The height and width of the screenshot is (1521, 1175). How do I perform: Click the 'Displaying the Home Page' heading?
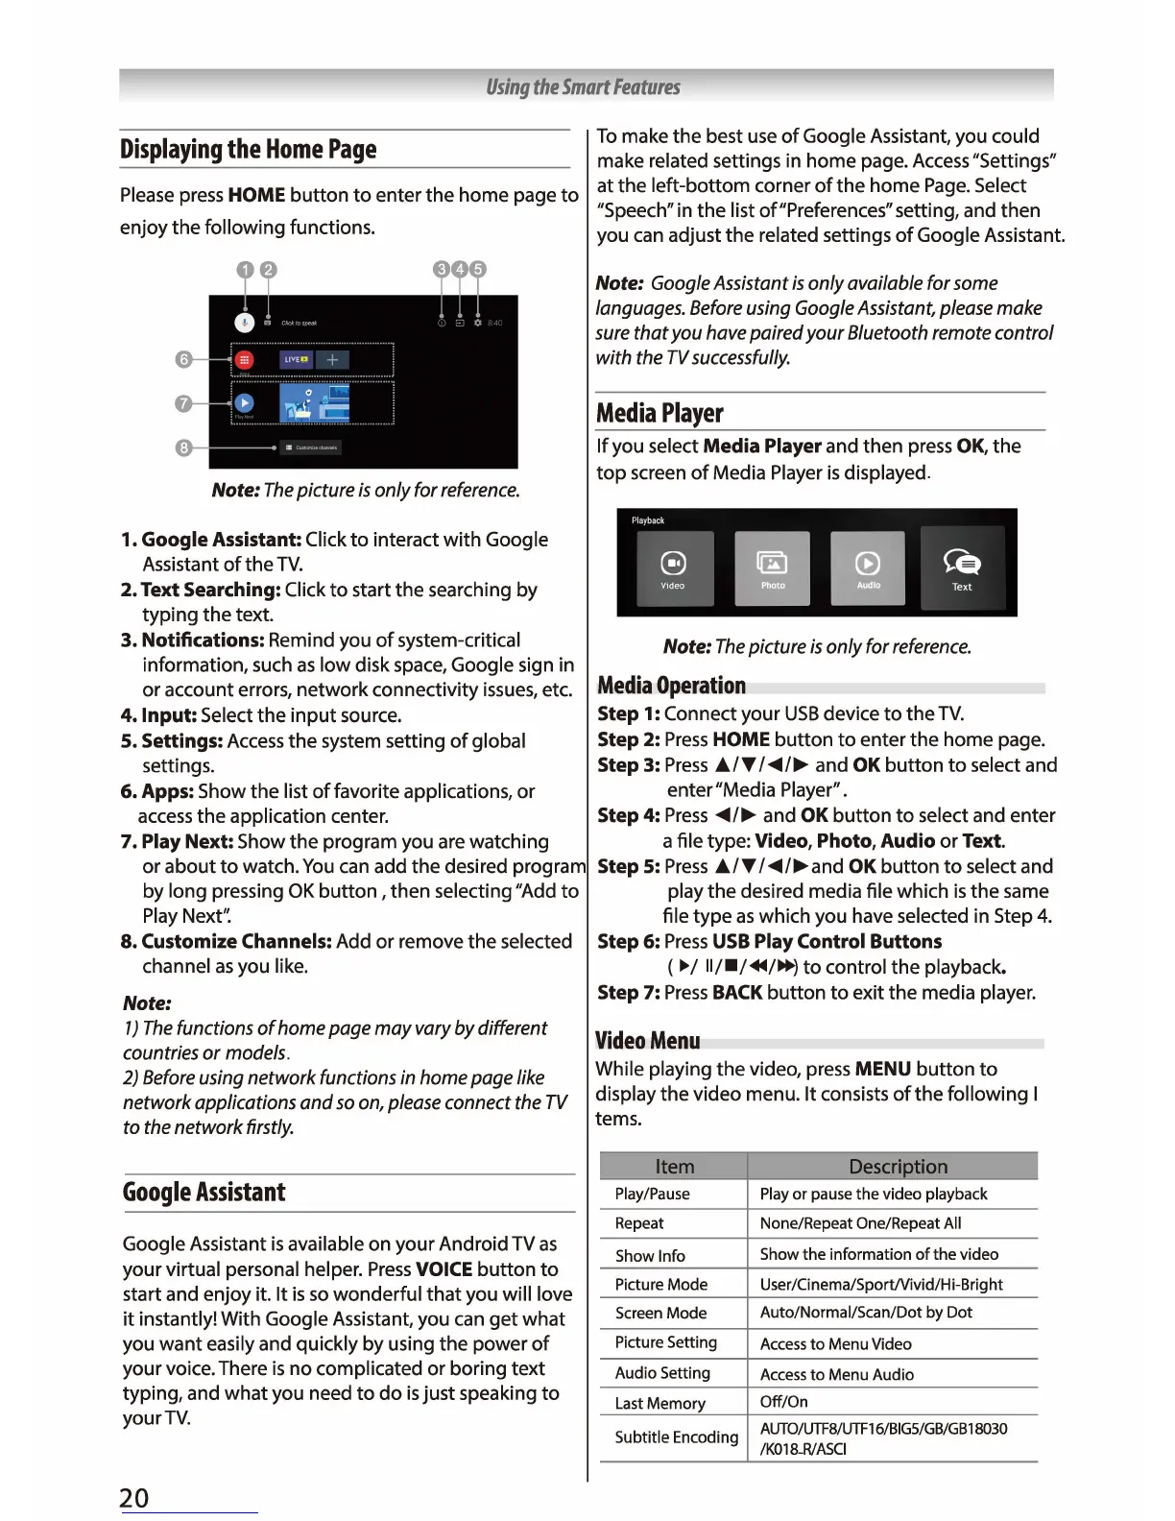pyautogui.click(x=249, y=150)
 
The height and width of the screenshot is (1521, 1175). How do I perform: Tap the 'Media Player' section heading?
pyautogui.click(x=659, y=413)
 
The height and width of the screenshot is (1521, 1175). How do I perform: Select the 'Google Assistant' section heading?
pyautogui.click(x=204, y=1193)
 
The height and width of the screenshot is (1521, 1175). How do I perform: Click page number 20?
pyautogui.click(x=134, y=1498)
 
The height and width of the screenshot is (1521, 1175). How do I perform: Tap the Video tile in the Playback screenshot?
pyautogui.click(x=674, y=568)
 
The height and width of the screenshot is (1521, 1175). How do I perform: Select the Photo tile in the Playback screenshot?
pyautogui.click(x=772, y=568)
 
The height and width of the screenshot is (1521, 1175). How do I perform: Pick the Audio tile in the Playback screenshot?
pyautogui.click(x=868, y=568)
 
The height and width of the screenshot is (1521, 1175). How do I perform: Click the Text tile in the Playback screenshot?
pyautogui.click(x=962, y=568)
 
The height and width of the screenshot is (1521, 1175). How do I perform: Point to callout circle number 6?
pyautogui.click(x=184, y=359)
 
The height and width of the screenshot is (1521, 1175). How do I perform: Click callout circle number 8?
pyautogui.click(x=184, y=448)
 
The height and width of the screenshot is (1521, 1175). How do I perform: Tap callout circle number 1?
pyautogui.click(x=246, y=270)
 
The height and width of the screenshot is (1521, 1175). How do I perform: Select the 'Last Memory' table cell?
pyautogui.click(x=660, y=1403)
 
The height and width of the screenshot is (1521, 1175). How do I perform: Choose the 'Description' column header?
pyautogui.click(x=898, y=1167)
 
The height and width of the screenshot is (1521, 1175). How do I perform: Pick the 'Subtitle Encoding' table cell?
pyautogui.click(x=676, y=1436)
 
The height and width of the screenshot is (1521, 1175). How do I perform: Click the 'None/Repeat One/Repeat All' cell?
pyautogui.click(x=860, y=1223)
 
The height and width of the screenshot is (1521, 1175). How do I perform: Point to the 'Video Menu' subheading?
pyautogui.click(x=647, y=1041)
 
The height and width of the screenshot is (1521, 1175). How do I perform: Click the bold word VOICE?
pyautogui.click(x=444, y=1269)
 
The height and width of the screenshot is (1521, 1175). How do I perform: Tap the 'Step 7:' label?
pyautogui.click(x=628, y=993)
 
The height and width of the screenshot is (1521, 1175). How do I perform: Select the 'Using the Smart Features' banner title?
pyautogui.click(x=584, y=87)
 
